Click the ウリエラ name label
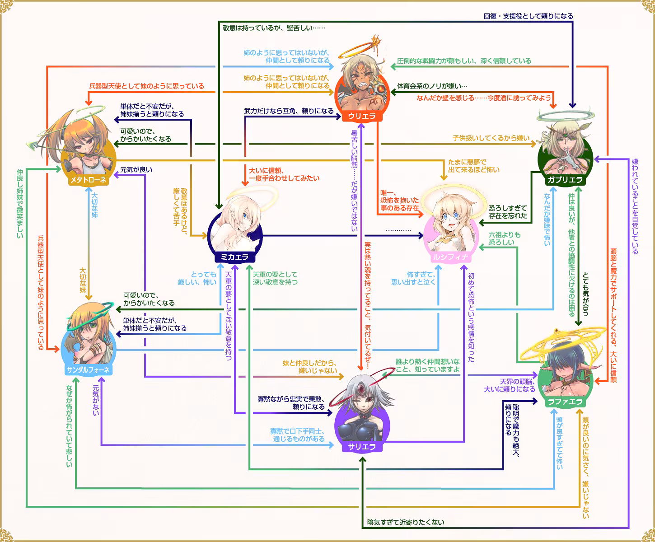[x=362, y=116]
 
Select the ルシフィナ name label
[x=450, y=257]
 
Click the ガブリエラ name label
[x=565, y=180]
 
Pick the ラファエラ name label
[x=565, y=402]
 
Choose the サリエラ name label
[x=362, y=447]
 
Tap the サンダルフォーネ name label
[x=88, y=370]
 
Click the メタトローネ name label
[x=88, y=180]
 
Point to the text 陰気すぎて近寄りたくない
[x=406, y=522]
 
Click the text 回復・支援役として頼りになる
[x=528, y=16]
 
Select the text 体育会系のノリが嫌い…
[x=432, y=86]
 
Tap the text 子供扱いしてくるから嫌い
[x=491, y=138]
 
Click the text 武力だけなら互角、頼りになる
[x=289, y=111]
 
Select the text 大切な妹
[x=83, y=280]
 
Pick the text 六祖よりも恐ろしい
[x=504, y=238]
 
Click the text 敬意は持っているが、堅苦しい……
[x=274, y=28]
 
